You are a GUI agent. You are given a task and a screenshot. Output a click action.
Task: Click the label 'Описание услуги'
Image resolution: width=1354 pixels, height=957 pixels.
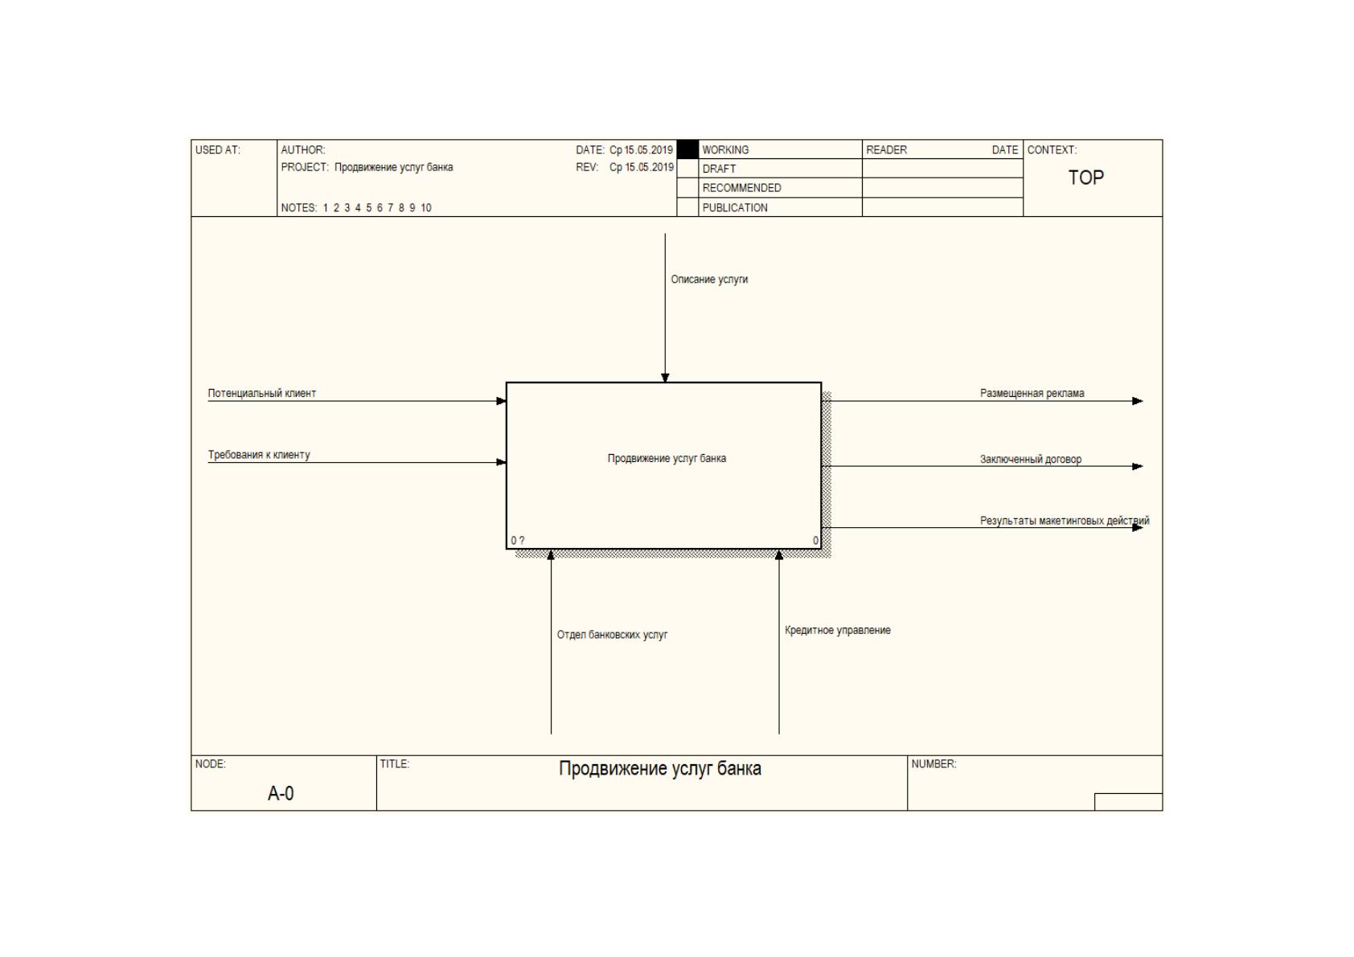point(709,280)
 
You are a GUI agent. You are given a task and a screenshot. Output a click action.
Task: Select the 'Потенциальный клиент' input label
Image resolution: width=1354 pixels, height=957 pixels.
point(262,393)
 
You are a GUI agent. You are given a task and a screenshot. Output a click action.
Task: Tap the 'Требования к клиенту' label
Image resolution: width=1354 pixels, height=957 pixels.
point(259,455)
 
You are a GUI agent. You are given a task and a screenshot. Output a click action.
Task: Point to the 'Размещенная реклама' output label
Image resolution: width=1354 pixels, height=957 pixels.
point(1032,393)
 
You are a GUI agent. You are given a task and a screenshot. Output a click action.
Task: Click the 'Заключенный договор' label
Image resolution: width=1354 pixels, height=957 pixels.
point(1031,459)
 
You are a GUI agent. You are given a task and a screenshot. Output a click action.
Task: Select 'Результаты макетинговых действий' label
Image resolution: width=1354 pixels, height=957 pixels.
point(1065,521)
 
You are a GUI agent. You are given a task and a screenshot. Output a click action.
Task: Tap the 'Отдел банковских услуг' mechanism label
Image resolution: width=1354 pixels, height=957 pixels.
point(612,635)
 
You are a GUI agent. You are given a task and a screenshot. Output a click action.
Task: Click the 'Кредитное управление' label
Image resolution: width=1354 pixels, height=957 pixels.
point(837,631)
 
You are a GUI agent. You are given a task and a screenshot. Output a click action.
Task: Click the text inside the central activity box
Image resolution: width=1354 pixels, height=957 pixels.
point(667,459)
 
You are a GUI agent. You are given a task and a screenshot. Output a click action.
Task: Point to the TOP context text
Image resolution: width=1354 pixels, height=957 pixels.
point(1085,178)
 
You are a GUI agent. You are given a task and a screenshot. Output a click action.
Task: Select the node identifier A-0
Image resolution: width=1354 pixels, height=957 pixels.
point(281,793)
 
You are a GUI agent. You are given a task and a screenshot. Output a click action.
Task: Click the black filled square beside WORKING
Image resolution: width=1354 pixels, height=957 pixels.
point(687,149)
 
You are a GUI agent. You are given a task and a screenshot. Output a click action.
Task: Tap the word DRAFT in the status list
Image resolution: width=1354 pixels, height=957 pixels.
point(719,170)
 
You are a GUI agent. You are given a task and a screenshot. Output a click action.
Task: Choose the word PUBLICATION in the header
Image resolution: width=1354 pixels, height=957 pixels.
point(734,208)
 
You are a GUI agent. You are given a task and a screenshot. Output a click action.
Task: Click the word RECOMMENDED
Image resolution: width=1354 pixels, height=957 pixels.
point(741,189)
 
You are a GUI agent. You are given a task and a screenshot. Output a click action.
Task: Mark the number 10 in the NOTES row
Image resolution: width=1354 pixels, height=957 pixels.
point(426,208)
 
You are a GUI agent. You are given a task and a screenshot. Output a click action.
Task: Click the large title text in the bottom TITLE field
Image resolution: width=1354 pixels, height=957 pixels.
point(659,769)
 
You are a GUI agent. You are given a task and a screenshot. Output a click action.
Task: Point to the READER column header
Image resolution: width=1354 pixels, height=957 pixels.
point(886,149)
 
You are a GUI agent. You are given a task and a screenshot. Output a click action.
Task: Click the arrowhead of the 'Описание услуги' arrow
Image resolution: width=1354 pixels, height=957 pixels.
point(665,378)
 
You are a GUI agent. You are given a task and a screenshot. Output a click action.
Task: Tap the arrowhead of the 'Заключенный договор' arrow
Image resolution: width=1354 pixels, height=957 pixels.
point(1137,466)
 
